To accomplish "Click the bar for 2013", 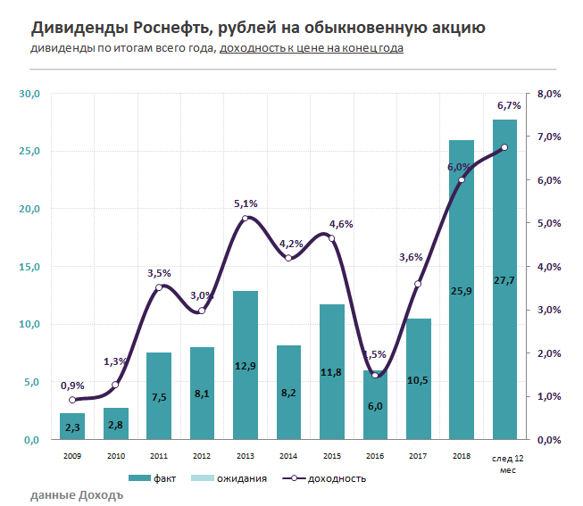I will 246,365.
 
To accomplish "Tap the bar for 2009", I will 72,427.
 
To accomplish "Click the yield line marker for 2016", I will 375,376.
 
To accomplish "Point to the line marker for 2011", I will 159,287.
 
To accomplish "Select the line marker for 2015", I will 331,238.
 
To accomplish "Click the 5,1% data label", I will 246,203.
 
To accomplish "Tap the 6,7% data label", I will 508,105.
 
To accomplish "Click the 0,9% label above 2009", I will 73,386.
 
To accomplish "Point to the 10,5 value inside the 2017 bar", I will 418,379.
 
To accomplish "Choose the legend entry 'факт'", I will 151,478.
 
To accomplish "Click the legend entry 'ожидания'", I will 229,478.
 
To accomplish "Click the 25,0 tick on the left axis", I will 29,151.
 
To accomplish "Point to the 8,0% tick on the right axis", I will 548,94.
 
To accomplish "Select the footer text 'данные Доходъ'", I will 76,494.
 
